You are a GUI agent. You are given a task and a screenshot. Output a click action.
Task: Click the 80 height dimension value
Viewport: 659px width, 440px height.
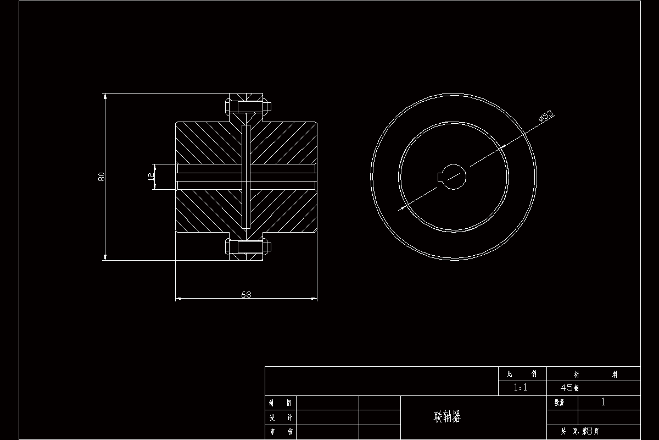pos(102,177)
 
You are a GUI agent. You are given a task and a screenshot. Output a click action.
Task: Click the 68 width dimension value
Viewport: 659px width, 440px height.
pos(246,294)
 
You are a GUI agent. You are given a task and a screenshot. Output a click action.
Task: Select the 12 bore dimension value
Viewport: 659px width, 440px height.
pos(150,177)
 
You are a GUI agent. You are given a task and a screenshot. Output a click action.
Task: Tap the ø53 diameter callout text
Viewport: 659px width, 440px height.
pos(546,115)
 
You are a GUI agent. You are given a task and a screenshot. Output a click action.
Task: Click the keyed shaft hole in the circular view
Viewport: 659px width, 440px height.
pos(453,177)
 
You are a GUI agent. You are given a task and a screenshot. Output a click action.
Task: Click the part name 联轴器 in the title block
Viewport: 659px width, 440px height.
pos(448,417)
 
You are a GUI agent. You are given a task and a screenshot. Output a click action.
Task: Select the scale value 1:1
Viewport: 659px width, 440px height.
pos(520,387)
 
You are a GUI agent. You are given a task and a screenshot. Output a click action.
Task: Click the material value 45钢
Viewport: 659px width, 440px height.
pos(569,388)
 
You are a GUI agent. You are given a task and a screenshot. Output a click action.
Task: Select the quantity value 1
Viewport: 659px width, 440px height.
pos(603,402)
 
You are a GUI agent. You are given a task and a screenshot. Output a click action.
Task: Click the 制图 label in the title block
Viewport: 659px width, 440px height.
pos(280,403)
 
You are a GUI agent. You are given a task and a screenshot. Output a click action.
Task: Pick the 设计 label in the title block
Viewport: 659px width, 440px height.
pos(280,417)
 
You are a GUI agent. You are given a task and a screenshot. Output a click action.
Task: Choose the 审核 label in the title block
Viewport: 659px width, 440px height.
pos(280,432)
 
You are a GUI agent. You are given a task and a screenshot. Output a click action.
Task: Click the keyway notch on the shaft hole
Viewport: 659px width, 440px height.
pos(440,176)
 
